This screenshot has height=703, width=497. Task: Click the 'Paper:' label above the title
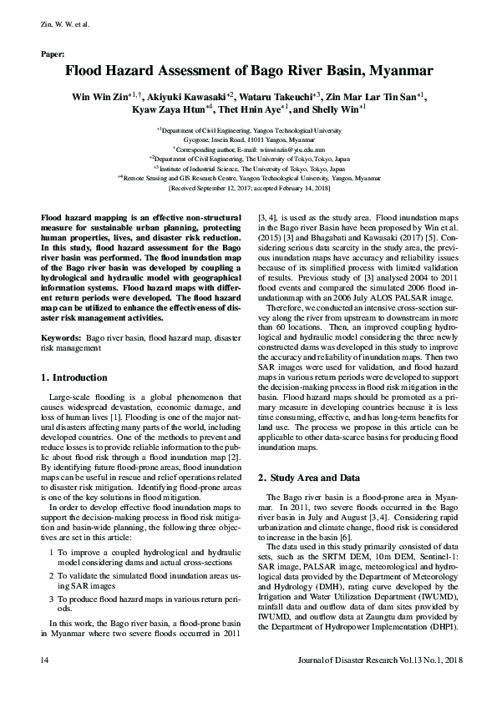click(53, 53)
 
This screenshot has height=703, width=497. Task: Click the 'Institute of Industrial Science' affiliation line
click(248, 167)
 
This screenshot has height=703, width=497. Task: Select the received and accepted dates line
click(248, 188)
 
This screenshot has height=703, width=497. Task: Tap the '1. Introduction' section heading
click(74, 377)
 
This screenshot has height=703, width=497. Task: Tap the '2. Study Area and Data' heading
click(308, 478)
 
